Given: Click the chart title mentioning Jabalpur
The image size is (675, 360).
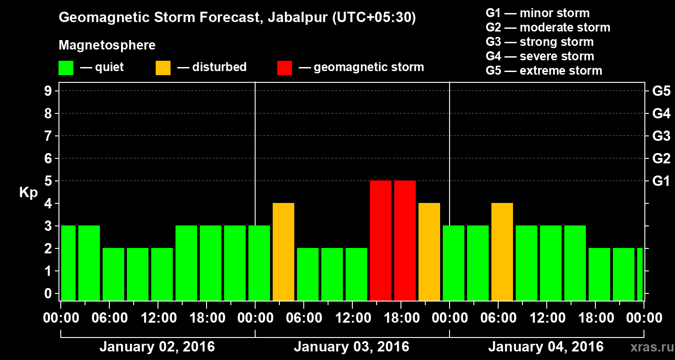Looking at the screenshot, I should pos(237,18).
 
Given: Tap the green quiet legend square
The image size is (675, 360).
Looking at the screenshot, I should pos(66,68).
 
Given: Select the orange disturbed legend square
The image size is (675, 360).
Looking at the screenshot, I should pos(163,68).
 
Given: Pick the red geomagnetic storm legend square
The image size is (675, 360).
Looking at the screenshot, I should pos(284,68).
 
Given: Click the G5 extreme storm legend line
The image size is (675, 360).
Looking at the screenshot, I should pos(544,71).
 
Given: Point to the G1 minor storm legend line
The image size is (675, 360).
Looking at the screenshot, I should pos(537,13).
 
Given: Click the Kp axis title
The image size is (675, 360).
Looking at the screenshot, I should pos(28,193).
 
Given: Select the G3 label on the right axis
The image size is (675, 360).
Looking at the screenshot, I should pos(661,136).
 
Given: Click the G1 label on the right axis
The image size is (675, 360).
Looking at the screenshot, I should pos(661,181).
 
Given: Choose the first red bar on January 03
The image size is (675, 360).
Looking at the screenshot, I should pos(381,240).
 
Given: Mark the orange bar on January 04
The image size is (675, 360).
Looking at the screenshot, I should pos(502,252).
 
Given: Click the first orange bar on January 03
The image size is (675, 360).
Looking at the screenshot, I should pos(283,252).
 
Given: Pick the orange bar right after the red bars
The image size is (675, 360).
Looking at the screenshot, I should pos(429,252).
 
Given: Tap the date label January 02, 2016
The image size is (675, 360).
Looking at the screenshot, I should pos(157,347).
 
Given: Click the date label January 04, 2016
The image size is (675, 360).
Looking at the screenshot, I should pos(546,347).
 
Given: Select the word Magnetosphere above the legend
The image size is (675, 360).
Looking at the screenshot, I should pos(107,45).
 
